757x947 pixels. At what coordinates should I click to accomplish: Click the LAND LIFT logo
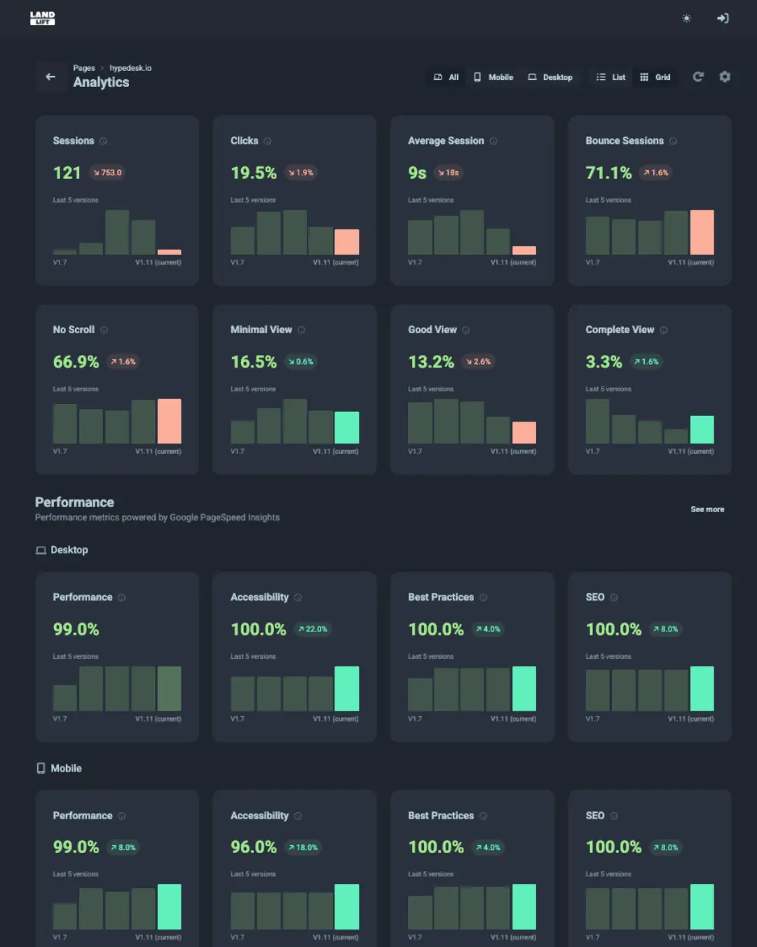pos(42,18)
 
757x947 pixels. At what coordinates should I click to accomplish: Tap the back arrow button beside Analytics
pos(50,77)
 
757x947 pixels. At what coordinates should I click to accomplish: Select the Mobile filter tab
pos(493,77)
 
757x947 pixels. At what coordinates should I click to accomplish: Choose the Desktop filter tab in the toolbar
pos(550,77)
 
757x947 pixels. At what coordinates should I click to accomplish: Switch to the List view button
pos(611,77)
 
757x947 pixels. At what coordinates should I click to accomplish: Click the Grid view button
pos(655,77)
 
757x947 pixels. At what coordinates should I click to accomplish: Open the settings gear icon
pos(725,77)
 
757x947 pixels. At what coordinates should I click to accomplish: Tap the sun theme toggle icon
pos(686,18)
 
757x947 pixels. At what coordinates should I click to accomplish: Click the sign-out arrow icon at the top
pos(723,18)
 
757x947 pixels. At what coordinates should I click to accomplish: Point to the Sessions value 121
pos(67,173)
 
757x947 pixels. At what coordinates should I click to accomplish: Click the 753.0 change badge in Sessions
pos(107,173)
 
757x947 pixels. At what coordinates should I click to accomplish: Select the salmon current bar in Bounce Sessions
pos(702,232)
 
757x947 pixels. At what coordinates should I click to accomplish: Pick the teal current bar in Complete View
pos(702,429)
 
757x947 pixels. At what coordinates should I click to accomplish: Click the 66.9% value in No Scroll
pos(76,362)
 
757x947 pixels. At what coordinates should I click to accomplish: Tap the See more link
pos(707,509)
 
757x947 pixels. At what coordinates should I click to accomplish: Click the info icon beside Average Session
pos(493,141)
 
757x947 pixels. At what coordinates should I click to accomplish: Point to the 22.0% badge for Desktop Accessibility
pos(313,629)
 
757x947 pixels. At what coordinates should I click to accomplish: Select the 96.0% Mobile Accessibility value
pos(254,847)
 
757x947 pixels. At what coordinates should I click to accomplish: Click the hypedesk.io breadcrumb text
pos(130,68)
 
